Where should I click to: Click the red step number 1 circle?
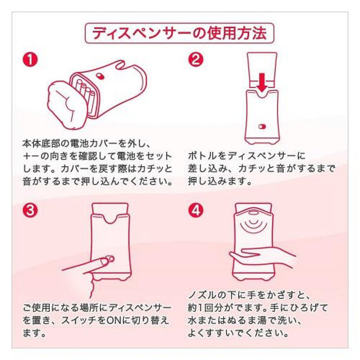[x=30, y=59]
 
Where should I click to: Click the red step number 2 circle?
[x=195, y=59]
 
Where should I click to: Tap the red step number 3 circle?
[x=30, y=210]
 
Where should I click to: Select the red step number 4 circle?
[x=195, y=210]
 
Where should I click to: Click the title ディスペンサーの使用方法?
[x=179, y=33]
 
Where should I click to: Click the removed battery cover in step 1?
[x=65, y=104]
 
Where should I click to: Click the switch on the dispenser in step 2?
[x=262, y=127]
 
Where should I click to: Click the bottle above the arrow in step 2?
[x=262, y=69]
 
